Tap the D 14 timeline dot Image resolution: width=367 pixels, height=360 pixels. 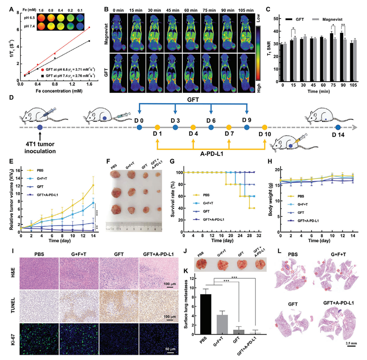tap(338, 127)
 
